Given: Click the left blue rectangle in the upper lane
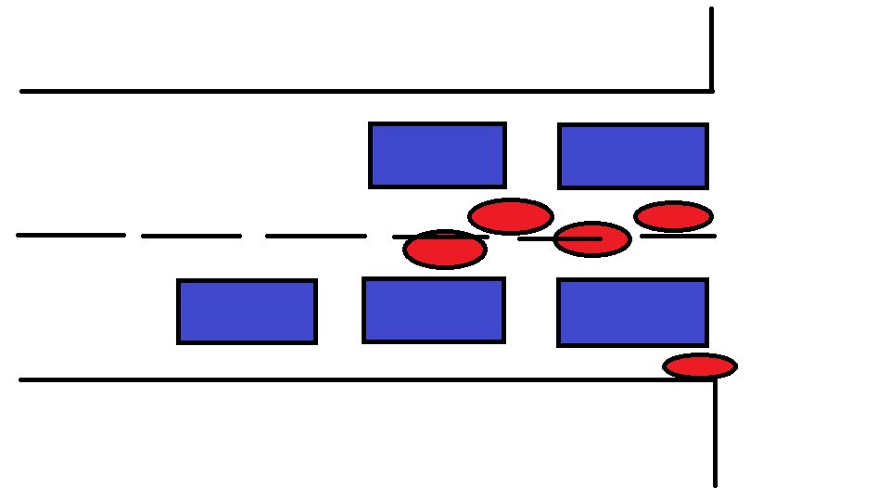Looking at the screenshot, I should coord(437,155).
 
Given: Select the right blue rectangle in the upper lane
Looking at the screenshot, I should coord(633,156).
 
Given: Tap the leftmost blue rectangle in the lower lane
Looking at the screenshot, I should coord(247,312).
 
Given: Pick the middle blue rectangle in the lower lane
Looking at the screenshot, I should coord(434,310).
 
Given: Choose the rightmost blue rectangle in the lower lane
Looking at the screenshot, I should coord(633,313).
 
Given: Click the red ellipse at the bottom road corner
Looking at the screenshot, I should coord(700,366).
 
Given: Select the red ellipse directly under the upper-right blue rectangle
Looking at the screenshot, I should coord(674,216).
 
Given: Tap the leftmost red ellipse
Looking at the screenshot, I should coord(445,250).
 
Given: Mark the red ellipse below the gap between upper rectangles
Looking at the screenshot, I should coord(511,216).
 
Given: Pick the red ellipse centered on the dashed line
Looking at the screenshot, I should coord(592,239).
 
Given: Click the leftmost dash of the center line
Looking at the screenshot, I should coord(70,236).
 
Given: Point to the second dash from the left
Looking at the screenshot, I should coord(191,237).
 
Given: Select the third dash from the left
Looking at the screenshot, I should coord(315,237).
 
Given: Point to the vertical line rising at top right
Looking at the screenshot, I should coord(711,46).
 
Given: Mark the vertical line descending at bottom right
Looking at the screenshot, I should coord(715,436).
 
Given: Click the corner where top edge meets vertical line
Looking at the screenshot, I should coord(711,91).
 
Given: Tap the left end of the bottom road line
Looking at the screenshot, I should coord(22,379).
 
